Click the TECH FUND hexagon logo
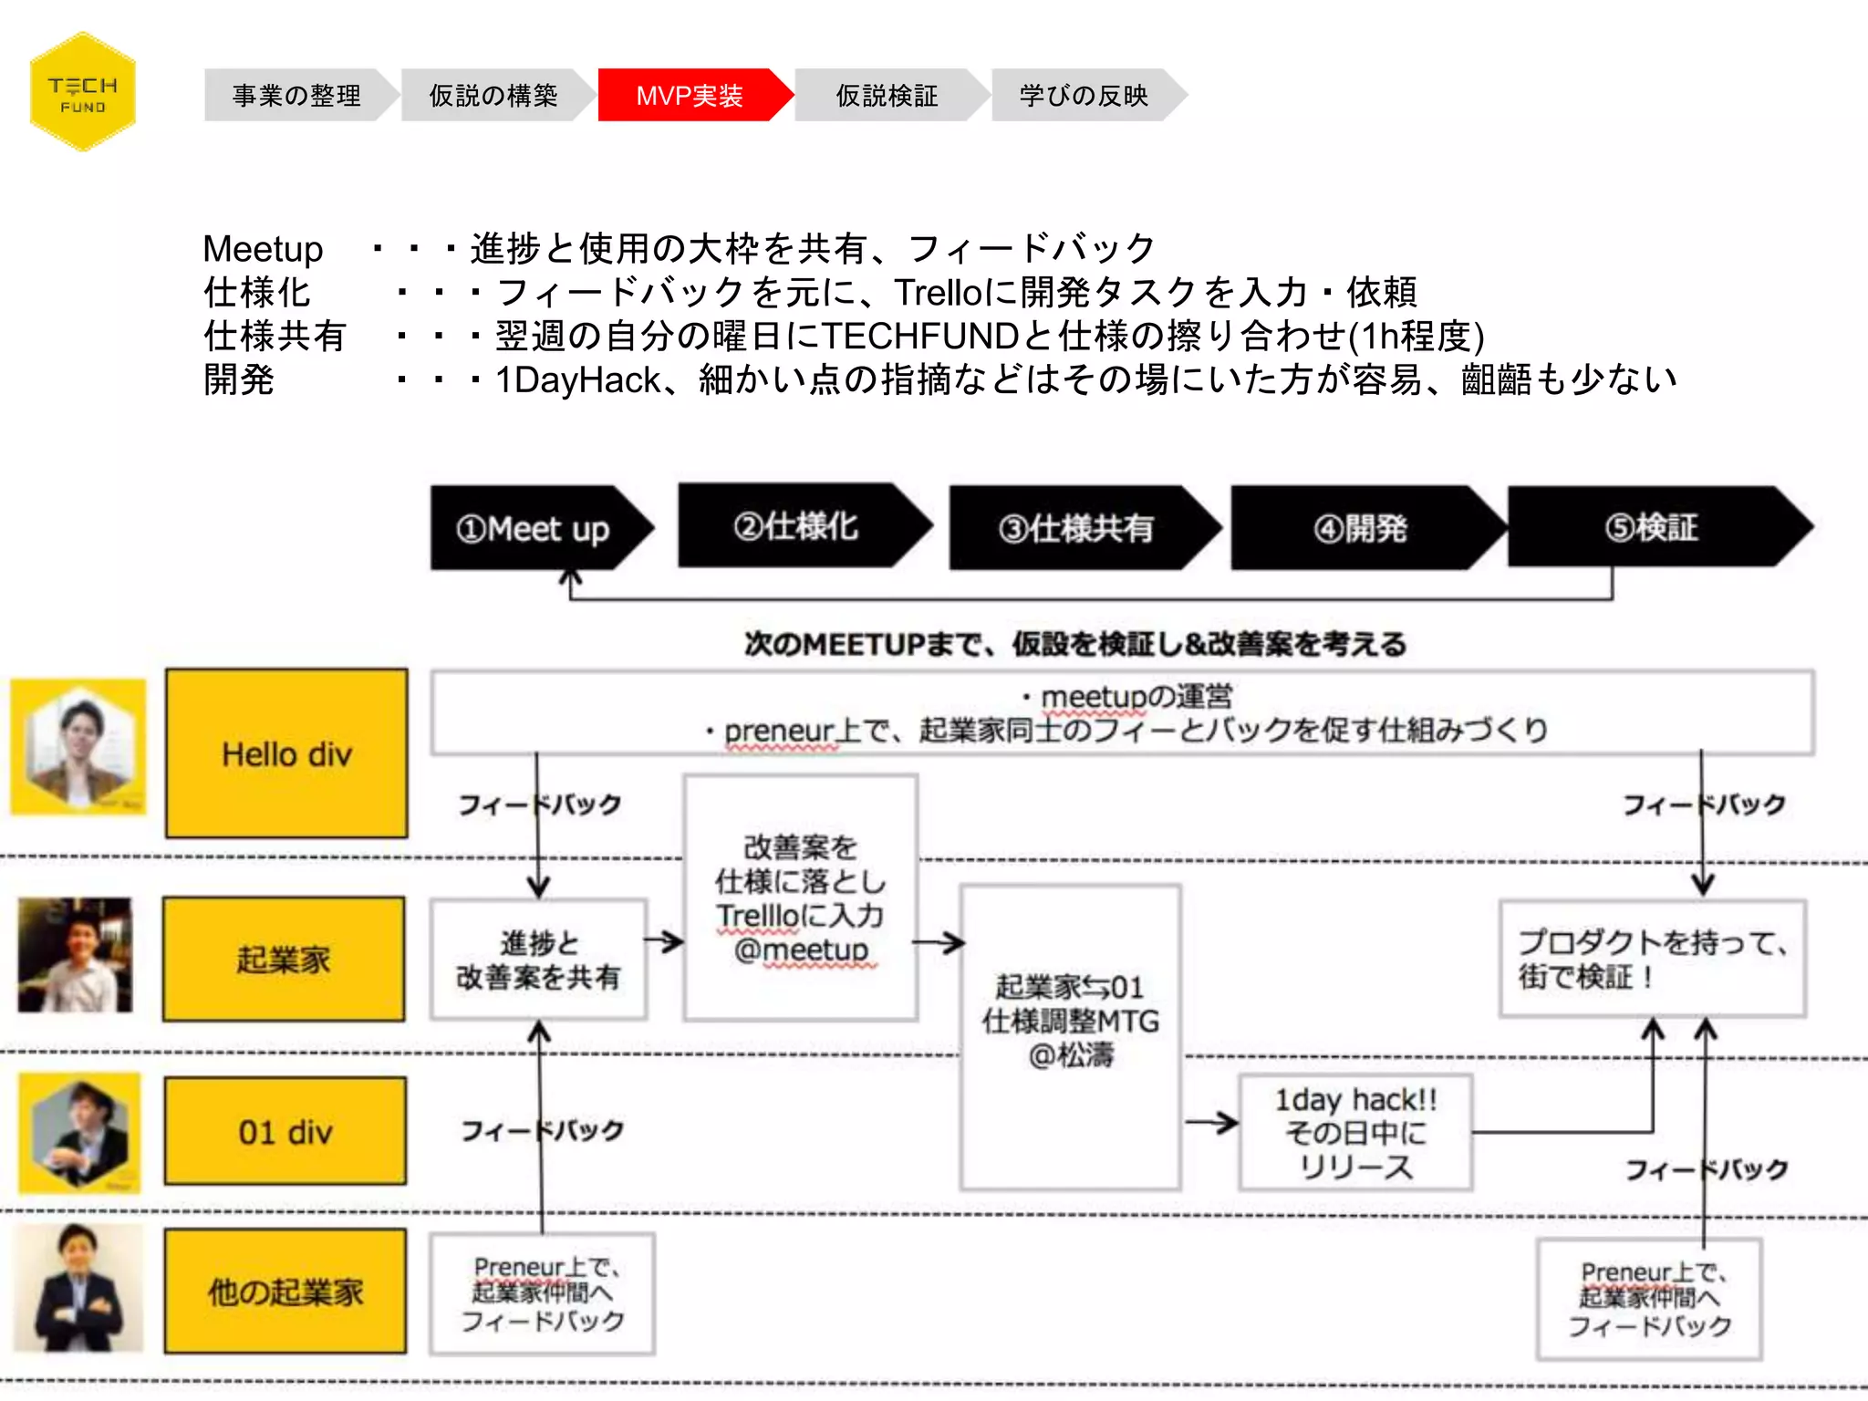(82, 92)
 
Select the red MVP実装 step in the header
(690, 95)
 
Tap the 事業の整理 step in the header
(296, 95)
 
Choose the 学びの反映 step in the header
(1084, 95)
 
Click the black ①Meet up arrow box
(534, 528)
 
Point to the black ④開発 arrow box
(1360, 528)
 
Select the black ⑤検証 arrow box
(1651, 527)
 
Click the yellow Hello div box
(286, 753)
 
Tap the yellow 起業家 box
(284, 959)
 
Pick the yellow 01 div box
(285, 1131)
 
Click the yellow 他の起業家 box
(285, 1291)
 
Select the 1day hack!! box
(1355, 1133)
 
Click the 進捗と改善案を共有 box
(538, 960)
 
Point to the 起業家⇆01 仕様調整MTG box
(1070, 1036)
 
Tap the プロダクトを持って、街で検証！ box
(1652, 959)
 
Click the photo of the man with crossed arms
(78, 1288)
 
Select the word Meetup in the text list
(263, 248)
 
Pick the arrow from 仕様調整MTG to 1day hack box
(1210, 1123)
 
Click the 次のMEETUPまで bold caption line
(1074, 644)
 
